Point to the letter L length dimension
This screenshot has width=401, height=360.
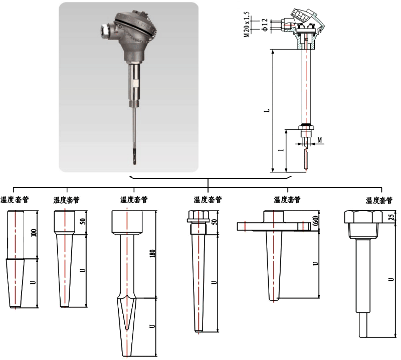pos(266,109)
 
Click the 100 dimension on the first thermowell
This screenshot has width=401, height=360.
pos(34,233)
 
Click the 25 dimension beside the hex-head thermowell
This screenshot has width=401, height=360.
pos(391,216)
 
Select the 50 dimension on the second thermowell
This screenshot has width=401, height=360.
pos(82,221)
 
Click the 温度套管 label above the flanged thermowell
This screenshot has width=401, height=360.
pos(287,200)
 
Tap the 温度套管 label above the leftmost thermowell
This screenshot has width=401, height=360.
pos(15,200)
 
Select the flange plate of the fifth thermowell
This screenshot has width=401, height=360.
pos(271,226)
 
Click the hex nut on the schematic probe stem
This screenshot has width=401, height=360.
pos(304,128)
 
